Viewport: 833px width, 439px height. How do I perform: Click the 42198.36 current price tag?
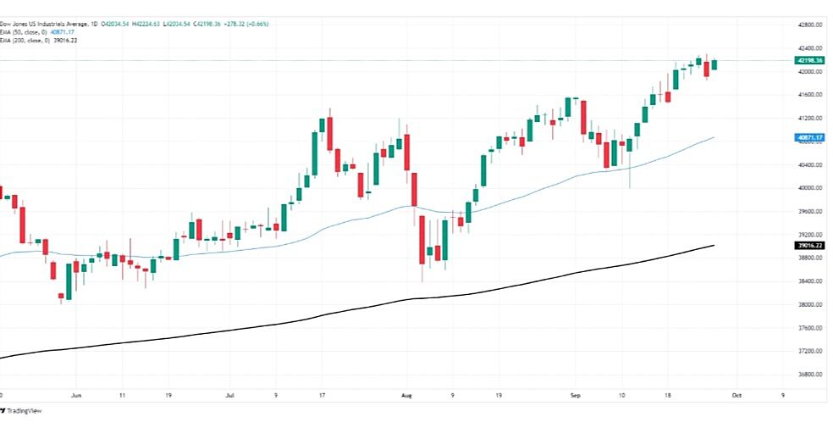pos(810,61)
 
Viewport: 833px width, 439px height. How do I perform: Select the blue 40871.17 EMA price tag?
pos(810,137)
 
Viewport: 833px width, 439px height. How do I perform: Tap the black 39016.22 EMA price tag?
pos(810,246)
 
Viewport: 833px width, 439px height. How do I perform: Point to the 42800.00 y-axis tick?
pos(810,25)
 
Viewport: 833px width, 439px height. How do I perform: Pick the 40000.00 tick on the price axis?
pos(810,187)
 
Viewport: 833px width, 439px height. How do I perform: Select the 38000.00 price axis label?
pos(810,304)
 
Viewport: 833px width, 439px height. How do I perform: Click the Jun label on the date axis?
pos(76,395)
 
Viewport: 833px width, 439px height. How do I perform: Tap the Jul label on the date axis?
pos(231,395)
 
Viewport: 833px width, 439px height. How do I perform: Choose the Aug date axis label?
pos(406,395)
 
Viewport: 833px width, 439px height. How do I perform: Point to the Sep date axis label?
pos(576,395)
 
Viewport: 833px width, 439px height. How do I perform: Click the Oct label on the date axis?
pos(736,395)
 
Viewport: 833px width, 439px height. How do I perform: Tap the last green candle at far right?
pos(715,64)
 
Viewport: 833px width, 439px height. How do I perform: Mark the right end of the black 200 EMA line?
pos(715,246)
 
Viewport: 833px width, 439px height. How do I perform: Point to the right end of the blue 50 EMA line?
pos(715,137)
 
